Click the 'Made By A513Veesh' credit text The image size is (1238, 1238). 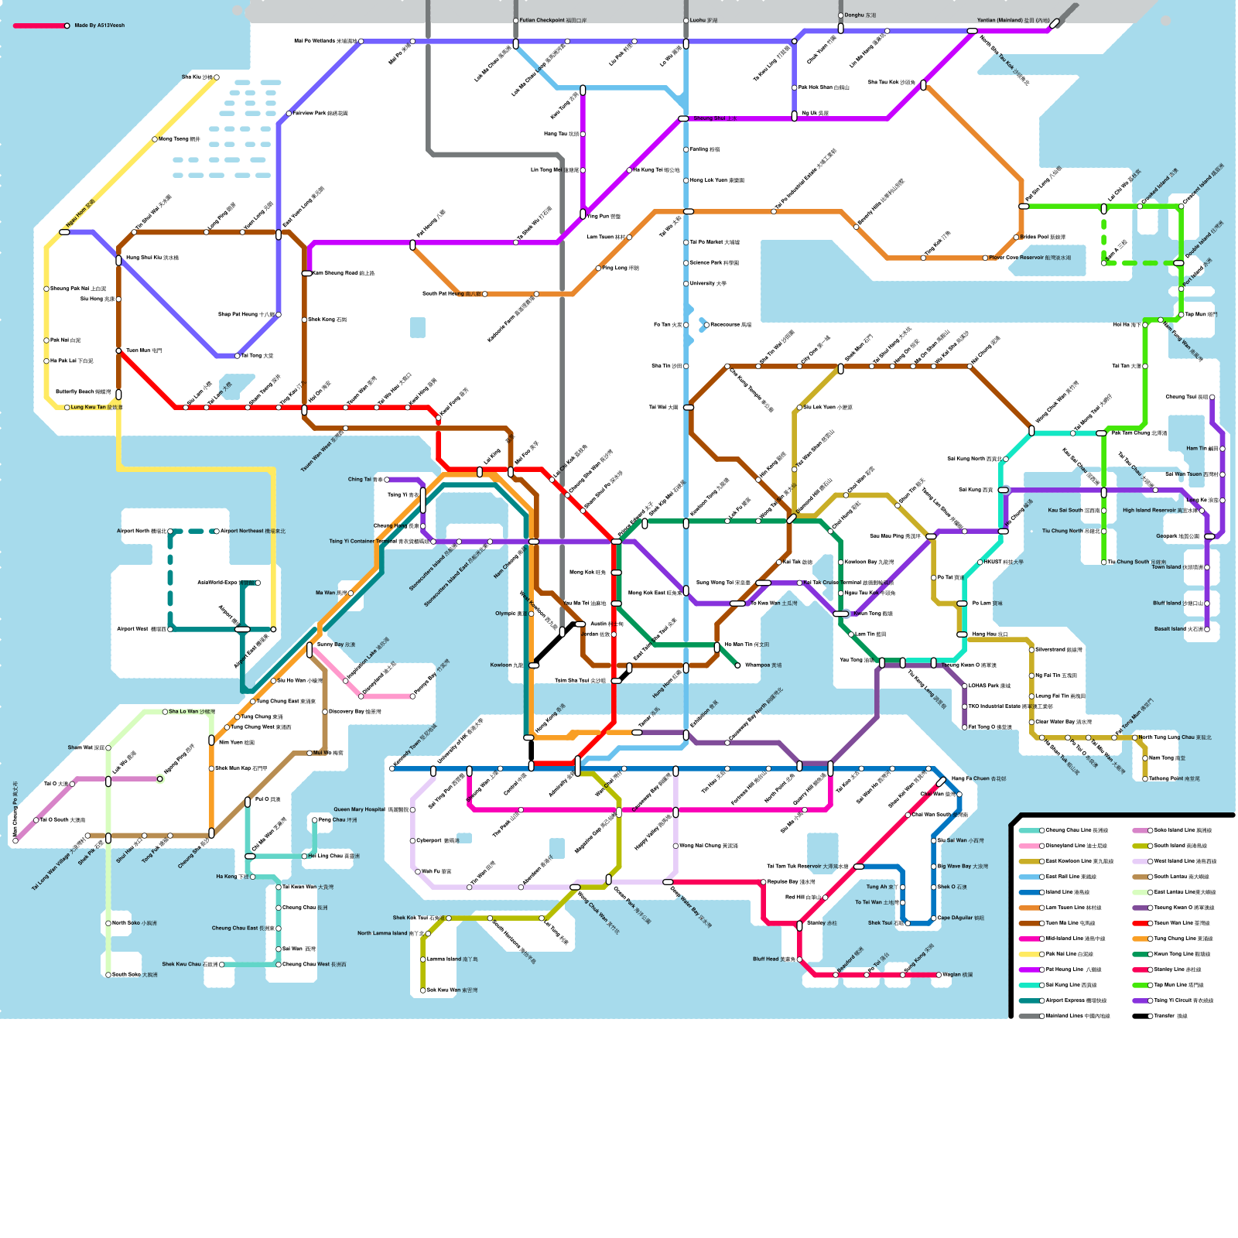99,26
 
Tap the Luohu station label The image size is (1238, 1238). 703,21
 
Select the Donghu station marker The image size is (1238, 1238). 840,15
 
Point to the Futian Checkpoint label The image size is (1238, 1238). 552,21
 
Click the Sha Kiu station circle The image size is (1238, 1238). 217,77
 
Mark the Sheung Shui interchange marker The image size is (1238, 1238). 683,118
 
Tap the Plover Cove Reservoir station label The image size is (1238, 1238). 1029,258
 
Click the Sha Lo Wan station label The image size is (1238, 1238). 191,712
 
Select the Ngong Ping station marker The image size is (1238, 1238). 160,779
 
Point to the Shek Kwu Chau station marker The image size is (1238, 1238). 221,965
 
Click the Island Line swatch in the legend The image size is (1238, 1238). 1029,892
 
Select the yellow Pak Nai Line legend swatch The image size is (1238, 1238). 1029,954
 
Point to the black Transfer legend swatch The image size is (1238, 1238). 1140,1016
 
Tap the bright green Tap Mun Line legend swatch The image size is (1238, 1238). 1140,985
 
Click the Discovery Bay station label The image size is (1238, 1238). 354,712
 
